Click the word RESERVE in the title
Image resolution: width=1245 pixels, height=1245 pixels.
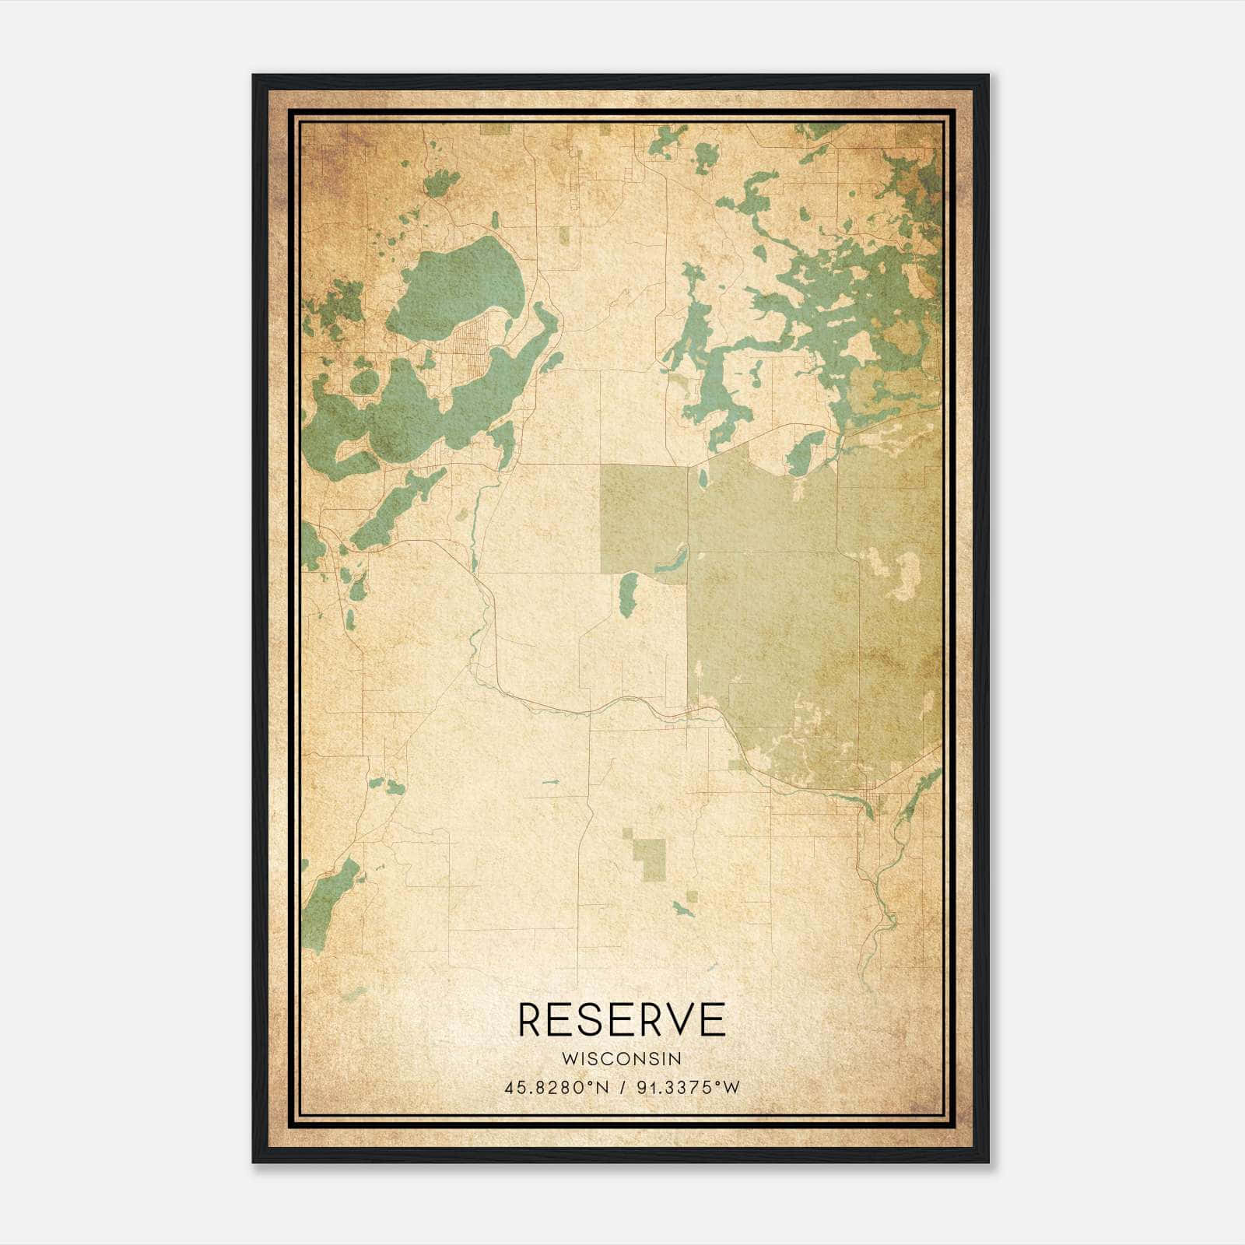point(622,1020)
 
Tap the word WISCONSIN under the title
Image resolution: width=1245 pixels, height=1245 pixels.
point(622,1059)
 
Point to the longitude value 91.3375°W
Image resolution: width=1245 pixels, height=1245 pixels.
point(688,1088)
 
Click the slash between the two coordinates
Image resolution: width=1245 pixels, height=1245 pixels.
point(622,1088)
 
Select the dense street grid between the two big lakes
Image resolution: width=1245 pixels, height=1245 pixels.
point(471,342)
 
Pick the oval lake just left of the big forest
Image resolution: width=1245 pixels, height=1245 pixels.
point(627,594)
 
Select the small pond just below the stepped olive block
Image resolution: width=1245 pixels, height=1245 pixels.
point(683,908)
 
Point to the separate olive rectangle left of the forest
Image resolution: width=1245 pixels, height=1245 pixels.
point(643,517)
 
